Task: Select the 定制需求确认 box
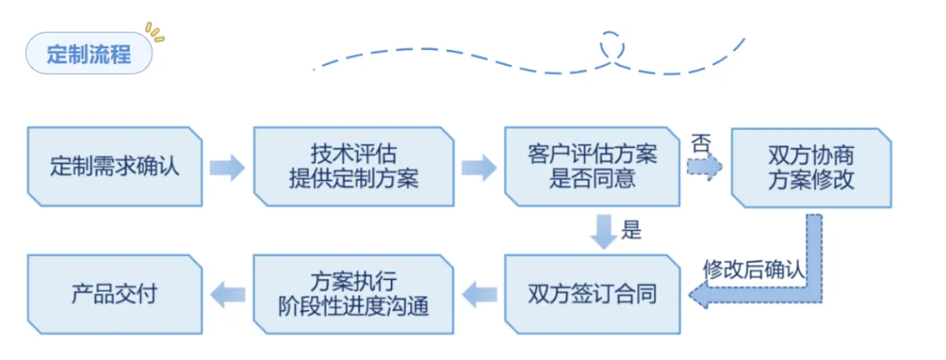click(x=115, y=166)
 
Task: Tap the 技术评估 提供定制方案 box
click(x=353, y=166)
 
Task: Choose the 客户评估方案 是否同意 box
click(x=592, y=166)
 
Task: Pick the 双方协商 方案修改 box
click(x=811, y=166)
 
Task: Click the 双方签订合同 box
click(x=592, y=293)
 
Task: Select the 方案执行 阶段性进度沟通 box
click(x=353, y=293)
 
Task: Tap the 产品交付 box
click(x=115, y=293)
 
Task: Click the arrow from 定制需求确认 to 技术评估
click(x=227, y=167)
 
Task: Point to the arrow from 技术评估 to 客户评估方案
click(x=478, y=167)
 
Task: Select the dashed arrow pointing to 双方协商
click(x=704, y=166)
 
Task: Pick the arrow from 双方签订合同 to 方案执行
click(x=478, y=294)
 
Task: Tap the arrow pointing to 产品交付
click(x=228, y=294)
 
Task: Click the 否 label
click(x=701, y=142)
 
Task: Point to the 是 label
click(x=632, y=231)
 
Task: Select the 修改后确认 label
click(x=753, y=270)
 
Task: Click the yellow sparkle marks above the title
click(x=155, y=32)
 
